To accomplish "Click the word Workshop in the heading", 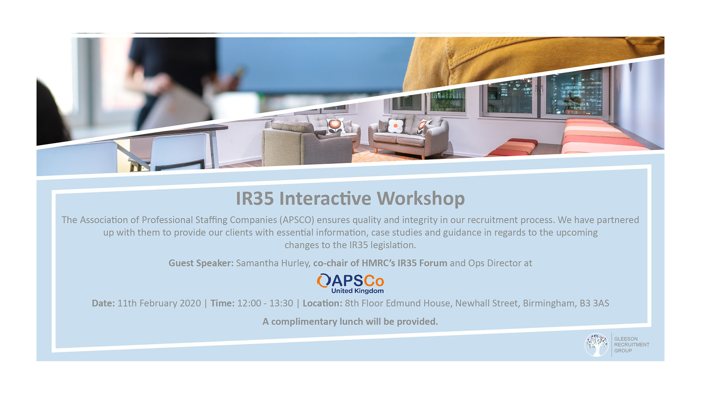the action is pyautogui.click(x=421, y=199).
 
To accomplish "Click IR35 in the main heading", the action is pyautogui.click(x=254, y=199).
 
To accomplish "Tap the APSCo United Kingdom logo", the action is pyautogui.click(x=350, y=283).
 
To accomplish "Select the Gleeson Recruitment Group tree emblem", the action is pyautogui.click(x=597, y=345).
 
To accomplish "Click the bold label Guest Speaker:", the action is pyautogui.click(x=201, y=263).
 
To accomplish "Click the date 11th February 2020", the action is pyautogui.click(x=159, y=303).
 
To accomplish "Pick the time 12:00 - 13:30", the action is pyautogui.click(x=265, y=303).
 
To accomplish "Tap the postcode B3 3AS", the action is pyautogui.click(x=594, y=303).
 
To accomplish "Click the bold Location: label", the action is pyautogui.click(x=322, y=303).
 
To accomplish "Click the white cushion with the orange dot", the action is pyautogui.click(x=395, y=126).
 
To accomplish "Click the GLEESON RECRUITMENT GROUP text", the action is pyautogui.click(x=632, y=345).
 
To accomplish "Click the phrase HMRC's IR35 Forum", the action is pyautogui.click(x=404, y=263).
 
